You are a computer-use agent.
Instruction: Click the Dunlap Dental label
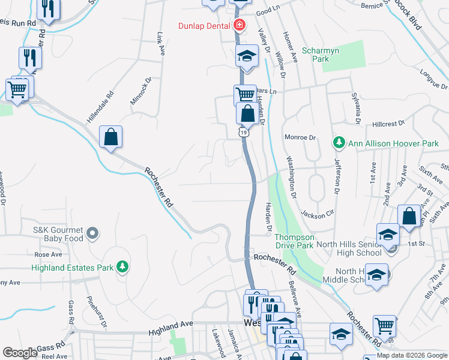205,25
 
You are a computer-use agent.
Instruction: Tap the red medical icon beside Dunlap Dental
240,25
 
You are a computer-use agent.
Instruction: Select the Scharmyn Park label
321,55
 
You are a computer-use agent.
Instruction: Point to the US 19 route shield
243,131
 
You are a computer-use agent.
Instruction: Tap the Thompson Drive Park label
294,241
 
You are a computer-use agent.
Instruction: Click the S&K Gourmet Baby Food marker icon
92,232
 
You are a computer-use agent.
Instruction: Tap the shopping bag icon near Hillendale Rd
111,137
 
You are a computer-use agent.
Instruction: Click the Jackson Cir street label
317,214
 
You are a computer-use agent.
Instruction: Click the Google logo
20,353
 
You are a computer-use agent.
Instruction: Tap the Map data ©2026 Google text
412,355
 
